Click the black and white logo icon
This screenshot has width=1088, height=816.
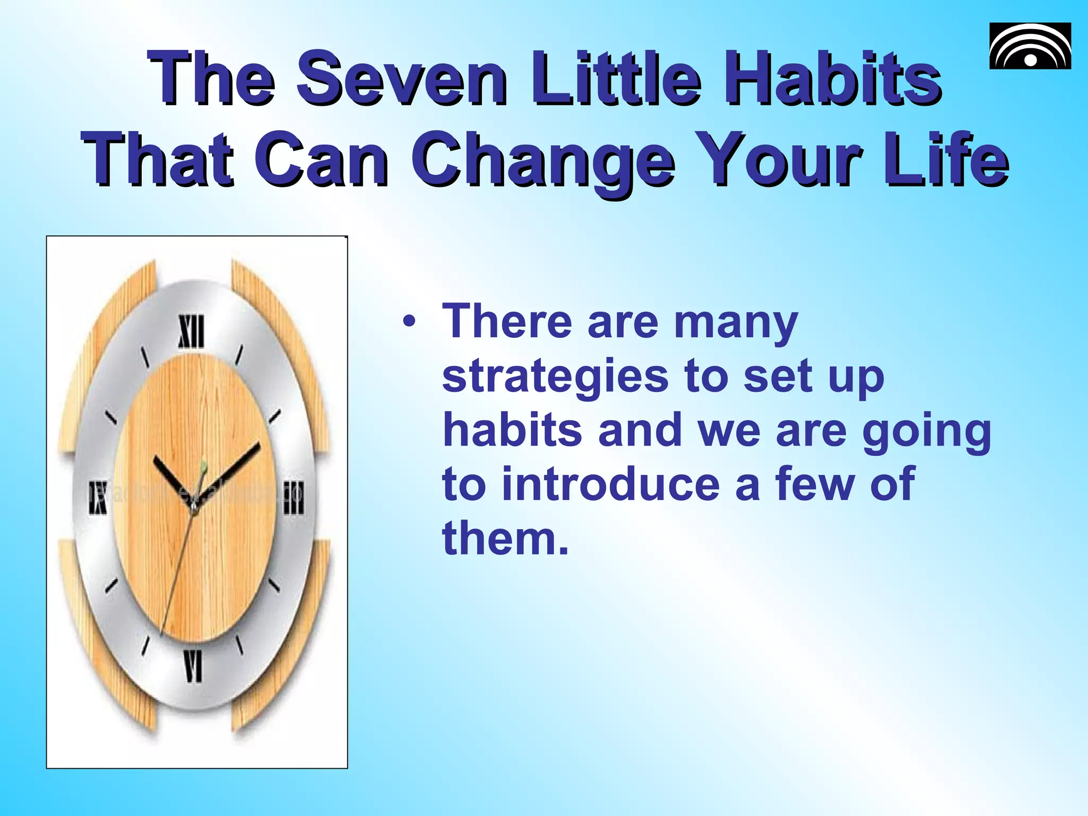point(1030,46)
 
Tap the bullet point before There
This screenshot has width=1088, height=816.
point(409,322)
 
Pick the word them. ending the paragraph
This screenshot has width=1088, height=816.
point(505,538)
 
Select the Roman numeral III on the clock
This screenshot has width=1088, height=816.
point(293,497)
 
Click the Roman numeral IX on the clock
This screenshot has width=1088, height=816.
point(98,498)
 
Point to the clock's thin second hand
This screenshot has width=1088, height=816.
point(177,574)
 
